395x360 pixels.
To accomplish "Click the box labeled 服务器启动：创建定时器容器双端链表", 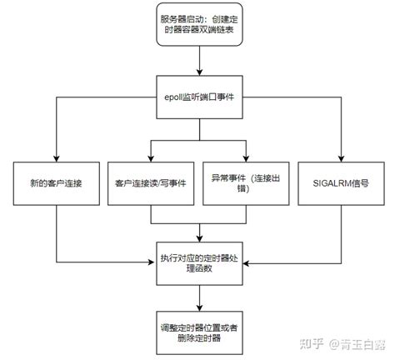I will coord(198,22).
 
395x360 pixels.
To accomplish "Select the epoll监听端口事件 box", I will coord(198,98).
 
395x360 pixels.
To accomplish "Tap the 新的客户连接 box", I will coord(55,181).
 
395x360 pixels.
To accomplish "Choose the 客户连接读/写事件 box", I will coord(151,181).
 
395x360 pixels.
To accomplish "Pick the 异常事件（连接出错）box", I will coord(247,181).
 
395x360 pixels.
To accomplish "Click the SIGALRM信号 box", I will coord(342,181).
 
